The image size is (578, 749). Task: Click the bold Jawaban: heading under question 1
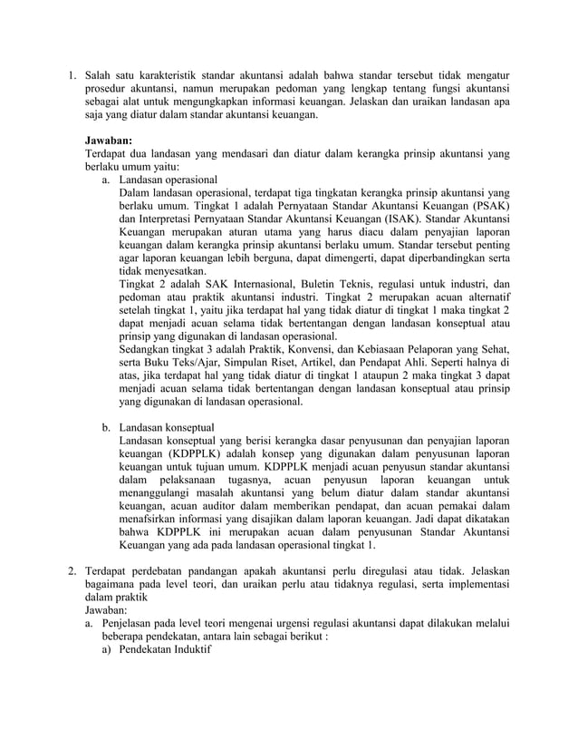coord(108,141)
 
